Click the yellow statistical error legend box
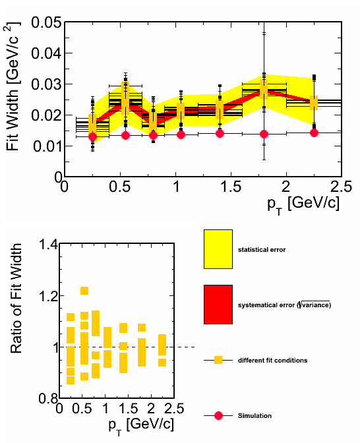[218, 249]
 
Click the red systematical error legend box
[218, 305]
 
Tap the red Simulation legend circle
[218, 415]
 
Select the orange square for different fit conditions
[218, 360]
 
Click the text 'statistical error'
[262, 250]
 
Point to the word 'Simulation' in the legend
[255, 415]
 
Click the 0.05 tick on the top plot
[46, 22]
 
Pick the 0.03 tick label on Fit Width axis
[46, 84]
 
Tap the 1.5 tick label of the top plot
[231, 187]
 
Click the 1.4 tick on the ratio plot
[48, 244]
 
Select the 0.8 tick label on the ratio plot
[48, 398]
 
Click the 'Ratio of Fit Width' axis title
[16, 298]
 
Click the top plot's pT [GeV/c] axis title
[303, 204]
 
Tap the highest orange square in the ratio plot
[84, 291]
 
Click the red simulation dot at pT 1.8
[264, 134]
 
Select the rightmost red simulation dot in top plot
[314, 133]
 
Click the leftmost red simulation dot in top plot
[92, 136]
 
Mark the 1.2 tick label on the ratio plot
[48, 296]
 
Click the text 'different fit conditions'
[273, 361]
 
